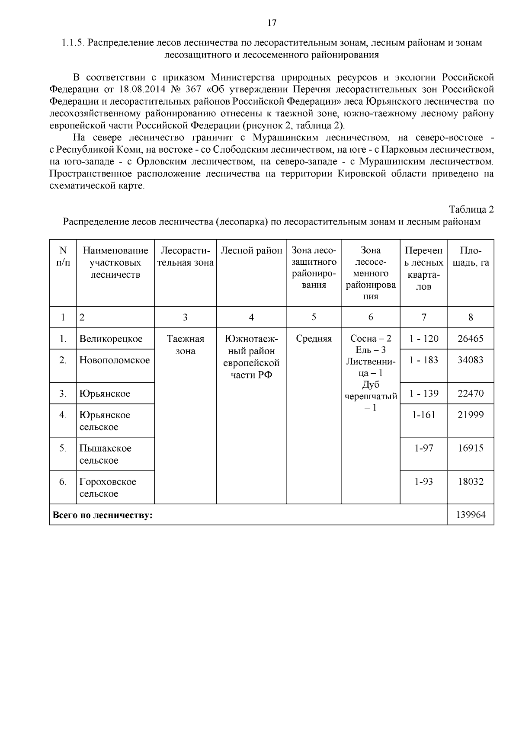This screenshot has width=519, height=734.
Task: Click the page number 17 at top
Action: [272, 23]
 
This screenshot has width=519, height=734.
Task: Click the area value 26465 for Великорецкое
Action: [471, 339]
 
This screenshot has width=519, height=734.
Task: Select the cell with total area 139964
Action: [471, 515]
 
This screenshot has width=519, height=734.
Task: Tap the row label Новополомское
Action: [115, 360]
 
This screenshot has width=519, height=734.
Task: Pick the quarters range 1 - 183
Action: [424, 360]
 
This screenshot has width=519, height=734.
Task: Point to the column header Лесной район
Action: [251, 251]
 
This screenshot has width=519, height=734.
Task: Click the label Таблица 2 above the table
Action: [471, 210]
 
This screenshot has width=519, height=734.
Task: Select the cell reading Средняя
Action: [314, 339]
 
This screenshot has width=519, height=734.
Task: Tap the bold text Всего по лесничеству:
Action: [103, 515]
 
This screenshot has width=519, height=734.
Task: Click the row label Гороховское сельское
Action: [108, 487]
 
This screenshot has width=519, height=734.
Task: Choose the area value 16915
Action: [471, 449]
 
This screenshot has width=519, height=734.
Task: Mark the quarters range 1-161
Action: [424, 415]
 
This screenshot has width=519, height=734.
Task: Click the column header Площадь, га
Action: [471, 256]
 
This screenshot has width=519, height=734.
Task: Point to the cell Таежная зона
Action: [186, 345]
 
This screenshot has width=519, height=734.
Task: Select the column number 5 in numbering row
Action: [314, 317]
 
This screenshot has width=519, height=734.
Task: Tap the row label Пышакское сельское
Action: [105, 454]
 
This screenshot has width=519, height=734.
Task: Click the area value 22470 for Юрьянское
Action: [471, 394]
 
